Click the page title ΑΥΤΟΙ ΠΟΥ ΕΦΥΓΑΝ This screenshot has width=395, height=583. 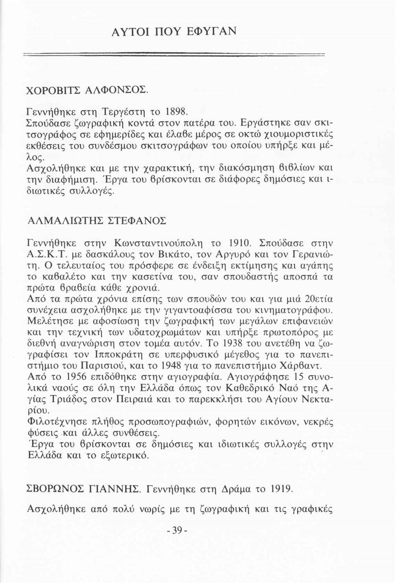coord(174,30)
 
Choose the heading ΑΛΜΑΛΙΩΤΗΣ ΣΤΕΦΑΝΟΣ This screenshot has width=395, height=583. coord(97,221)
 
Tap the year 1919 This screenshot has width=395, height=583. coord(281,488)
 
